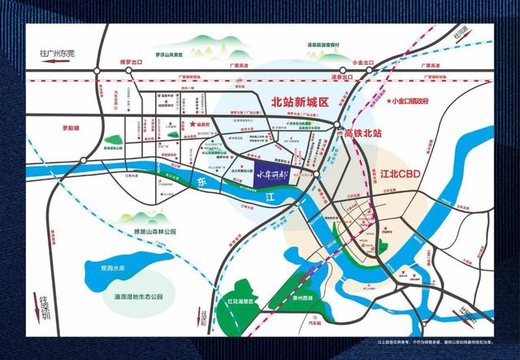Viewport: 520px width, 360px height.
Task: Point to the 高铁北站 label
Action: pyautogui.click(x=362, y=132)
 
